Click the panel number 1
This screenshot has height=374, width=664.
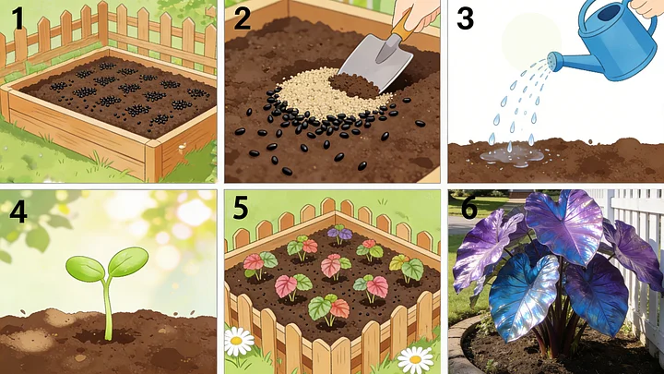[18, 19]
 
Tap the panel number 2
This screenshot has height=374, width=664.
[242, 18]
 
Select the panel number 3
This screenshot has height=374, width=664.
[465, 18]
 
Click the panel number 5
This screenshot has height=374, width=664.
[241, 208]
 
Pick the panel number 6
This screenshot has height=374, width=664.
[468, 208]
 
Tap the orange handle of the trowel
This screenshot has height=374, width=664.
[402, 26]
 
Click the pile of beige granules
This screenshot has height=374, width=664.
[322, 93]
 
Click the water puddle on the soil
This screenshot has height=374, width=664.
[512, 156]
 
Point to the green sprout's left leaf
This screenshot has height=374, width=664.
[85, 269]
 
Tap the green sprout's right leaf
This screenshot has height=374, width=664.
[128, 260]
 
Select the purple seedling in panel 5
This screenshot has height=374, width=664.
[339, 234]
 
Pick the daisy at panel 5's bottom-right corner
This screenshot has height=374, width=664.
[415, 360]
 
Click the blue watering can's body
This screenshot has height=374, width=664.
[614, 47]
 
